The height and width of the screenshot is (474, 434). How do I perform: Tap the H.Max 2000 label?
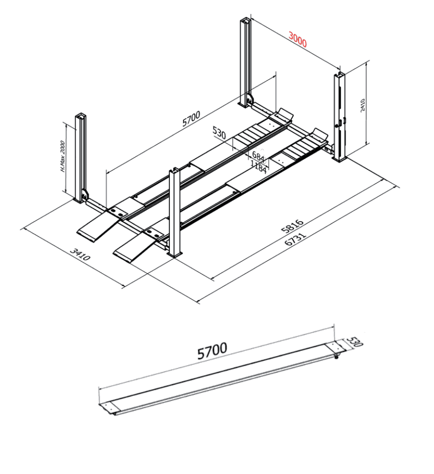pyautogui.click(x=62, y=156)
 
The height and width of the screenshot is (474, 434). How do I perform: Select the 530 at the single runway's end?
pyautogui.click(x=354, y=343)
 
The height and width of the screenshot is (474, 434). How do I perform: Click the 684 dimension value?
pyautogui.click(x=258, y=155)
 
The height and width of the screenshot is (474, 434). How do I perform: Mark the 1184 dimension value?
pyautogui.click(x=259, y=165)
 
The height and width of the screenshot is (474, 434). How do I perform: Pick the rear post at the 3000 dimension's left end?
pyautogui.click(x=245, y=62)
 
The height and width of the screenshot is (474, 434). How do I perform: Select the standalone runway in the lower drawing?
pyautogui.click(x=218, y=377)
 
